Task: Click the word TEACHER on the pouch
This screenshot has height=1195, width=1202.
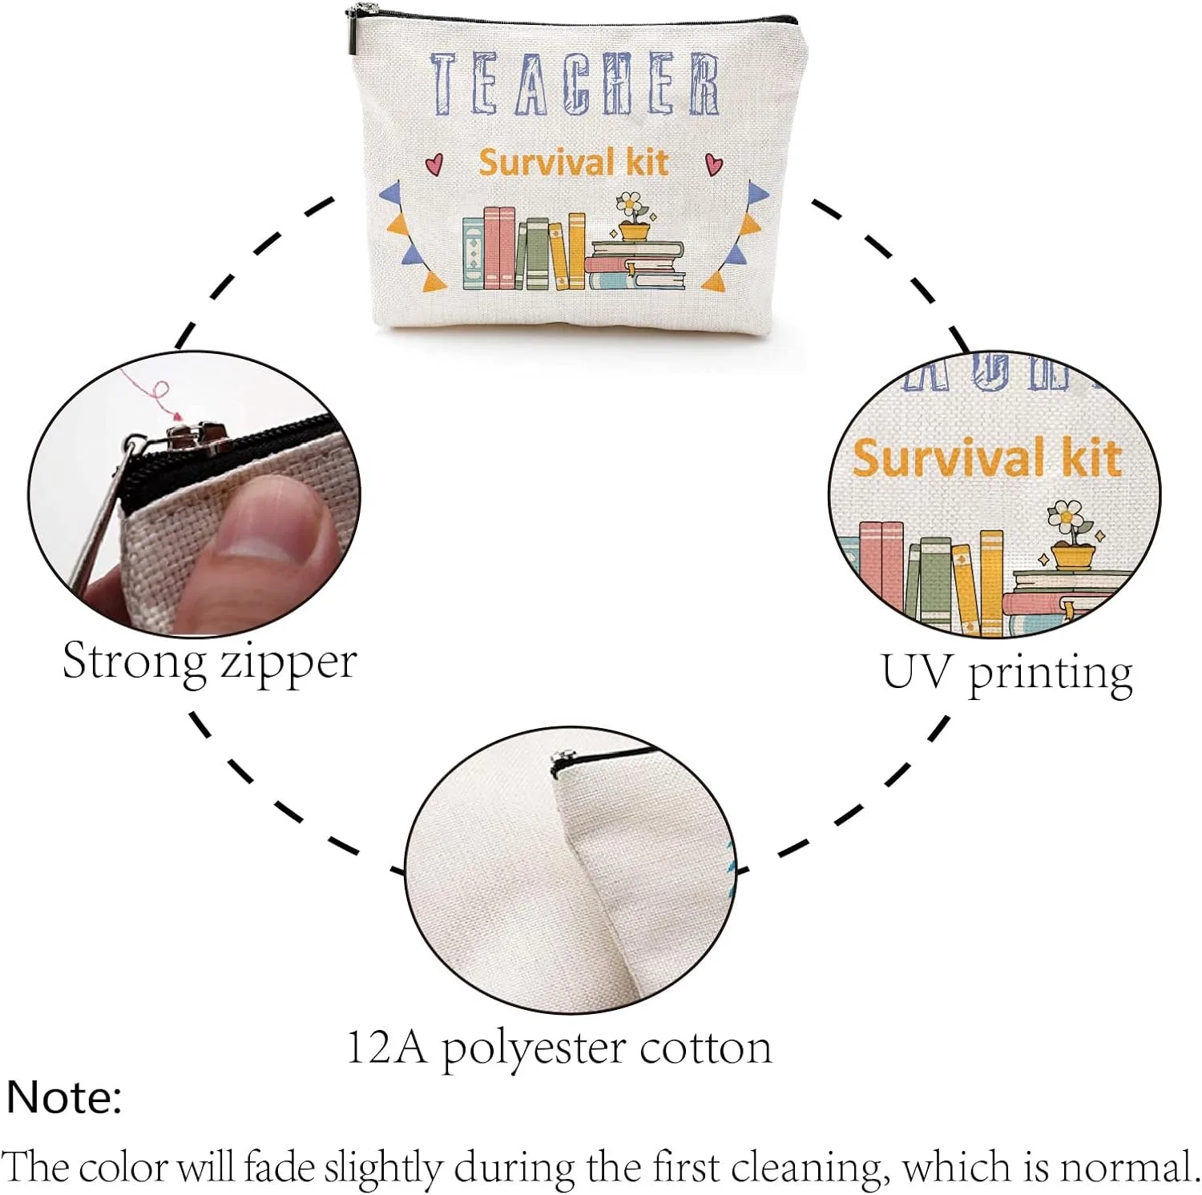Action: (575, 84)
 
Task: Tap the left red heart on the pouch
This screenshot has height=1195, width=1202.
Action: (434, 164)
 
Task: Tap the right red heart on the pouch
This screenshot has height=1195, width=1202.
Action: (714, 164)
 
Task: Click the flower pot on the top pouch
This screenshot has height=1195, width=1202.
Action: (635, 231)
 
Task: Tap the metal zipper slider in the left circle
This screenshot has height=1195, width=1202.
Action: (197, 437)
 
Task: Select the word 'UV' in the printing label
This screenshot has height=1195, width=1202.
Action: (917, 672)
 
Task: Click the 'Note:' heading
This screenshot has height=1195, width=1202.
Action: (64, 1097)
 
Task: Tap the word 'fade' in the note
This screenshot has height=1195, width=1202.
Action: (280, 1166)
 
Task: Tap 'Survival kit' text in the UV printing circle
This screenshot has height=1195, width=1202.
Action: (986, 458)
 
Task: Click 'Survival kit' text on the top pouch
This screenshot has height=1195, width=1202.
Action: (574, 163)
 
